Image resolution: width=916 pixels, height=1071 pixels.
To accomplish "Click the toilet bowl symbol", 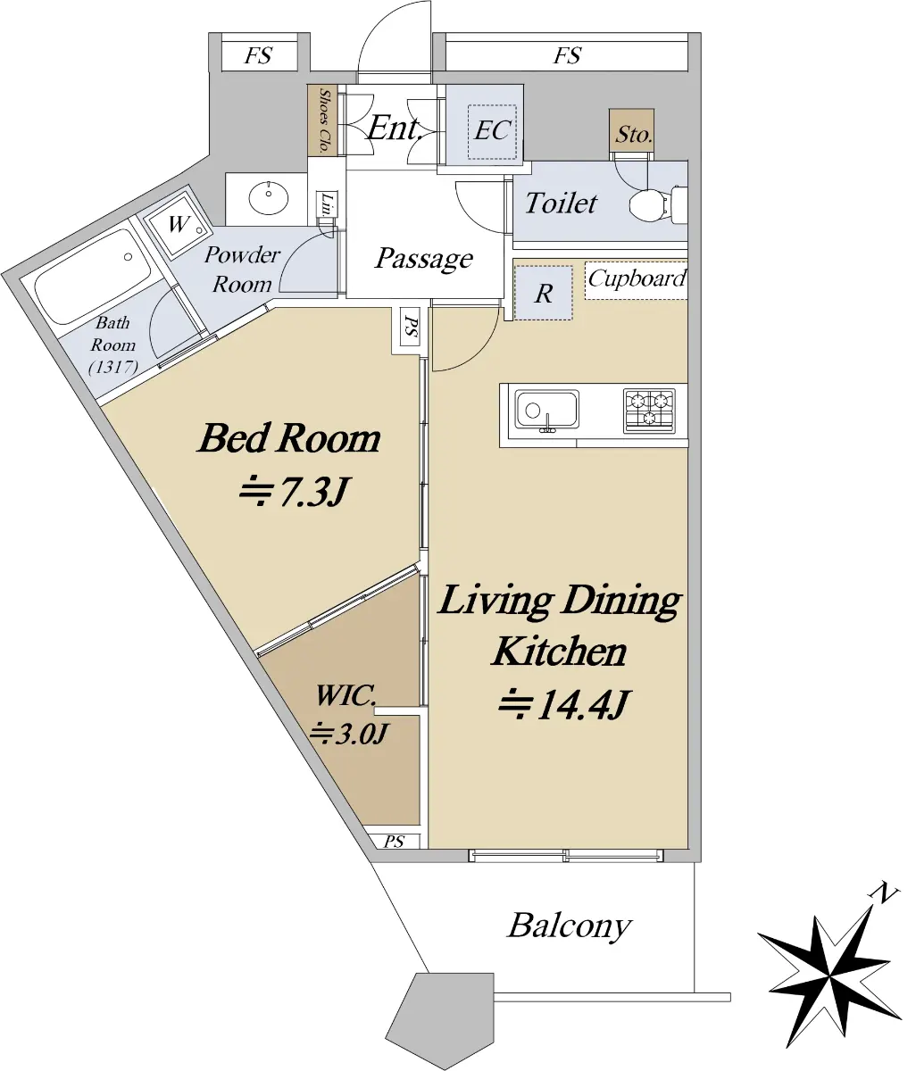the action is pos(657,205).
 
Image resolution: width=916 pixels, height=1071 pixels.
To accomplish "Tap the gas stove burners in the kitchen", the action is pos(649,410).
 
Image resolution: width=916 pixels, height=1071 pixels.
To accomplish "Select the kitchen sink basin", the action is pos(546,411).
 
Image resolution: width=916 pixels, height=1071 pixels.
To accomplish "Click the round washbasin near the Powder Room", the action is pos(269,197).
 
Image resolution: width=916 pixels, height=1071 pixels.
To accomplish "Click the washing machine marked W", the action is pos(177,225).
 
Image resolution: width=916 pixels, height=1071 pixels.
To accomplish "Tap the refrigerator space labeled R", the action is pos(544,293).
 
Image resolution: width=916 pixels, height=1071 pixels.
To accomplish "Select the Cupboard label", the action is pos(637,278).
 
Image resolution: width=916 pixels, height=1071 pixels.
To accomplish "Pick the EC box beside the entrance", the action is pos(492,131).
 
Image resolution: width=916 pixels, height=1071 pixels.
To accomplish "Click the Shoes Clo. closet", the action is pos(322,120).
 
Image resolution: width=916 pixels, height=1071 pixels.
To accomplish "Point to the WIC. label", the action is pos(346,695).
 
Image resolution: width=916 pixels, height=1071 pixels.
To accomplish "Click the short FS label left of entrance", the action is pos(258,55).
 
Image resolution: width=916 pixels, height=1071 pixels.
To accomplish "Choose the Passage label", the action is pos(423,258).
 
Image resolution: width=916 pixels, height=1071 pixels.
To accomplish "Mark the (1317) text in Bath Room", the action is pos(113,367).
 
